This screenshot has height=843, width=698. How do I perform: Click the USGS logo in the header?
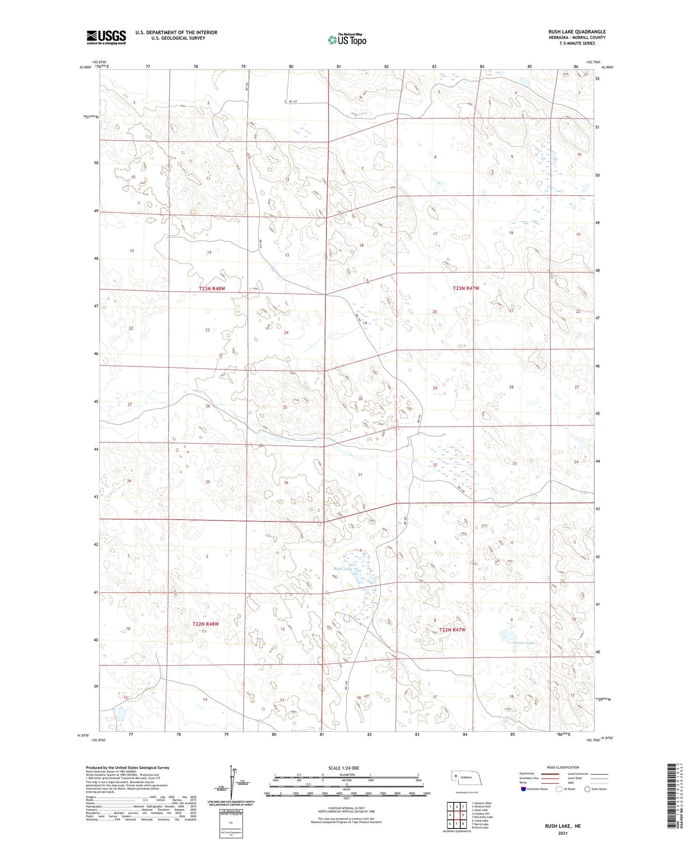(x=106, y=37)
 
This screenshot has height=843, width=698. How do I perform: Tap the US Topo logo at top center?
(x=346, y=40)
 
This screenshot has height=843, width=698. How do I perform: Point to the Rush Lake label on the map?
(x=342, y=569)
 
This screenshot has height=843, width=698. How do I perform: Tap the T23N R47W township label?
(x=466, y=288)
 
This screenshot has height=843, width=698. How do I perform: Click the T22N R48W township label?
(x=205, y=624)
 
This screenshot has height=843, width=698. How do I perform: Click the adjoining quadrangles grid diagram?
(x=456, y=815)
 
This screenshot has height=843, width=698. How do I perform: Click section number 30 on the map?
(x=360, y=399)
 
